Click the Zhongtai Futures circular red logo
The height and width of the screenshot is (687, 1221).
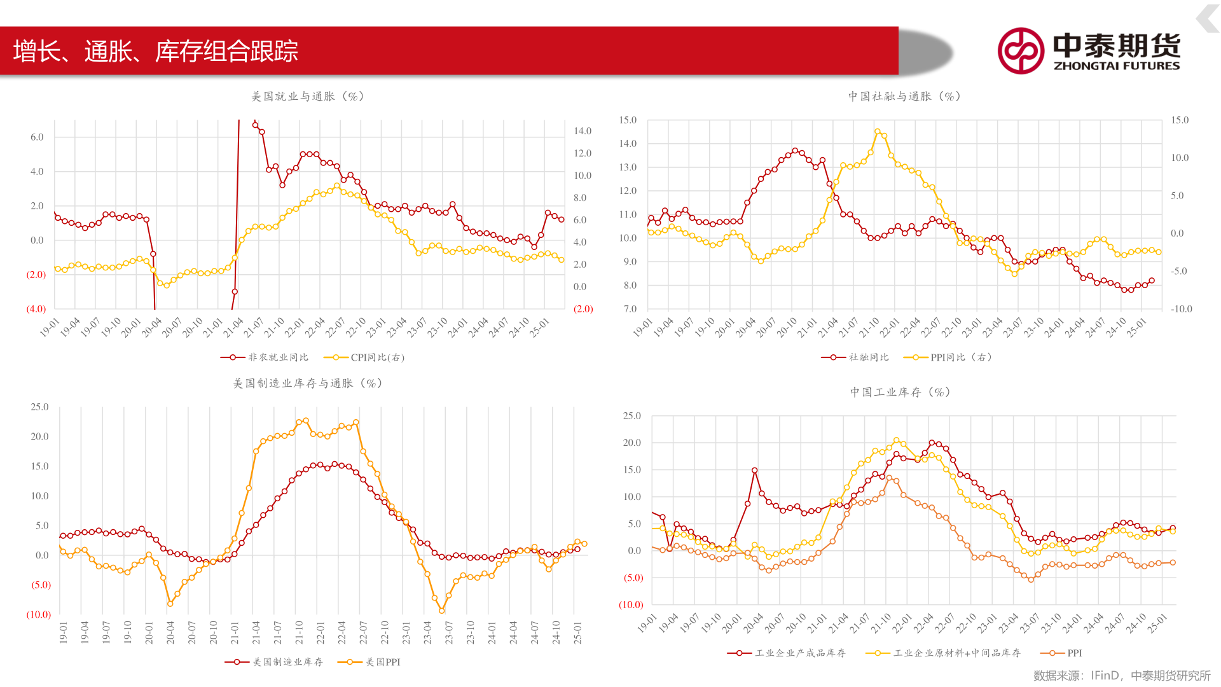coord(1021,51)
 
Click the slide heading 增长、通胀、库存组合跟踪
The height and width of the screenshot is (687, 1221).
coord(156,52)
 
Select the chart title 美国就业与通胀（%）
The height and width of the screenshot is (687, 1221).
coord(308,97)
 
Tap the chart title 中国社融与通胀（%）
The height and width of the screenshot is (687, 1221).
coord(904,97)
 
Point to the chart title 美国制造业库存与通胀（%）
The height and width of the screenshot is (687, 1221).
coord(308,384)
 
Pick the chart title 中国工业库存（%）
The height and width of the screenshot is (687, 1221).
coord(900,392)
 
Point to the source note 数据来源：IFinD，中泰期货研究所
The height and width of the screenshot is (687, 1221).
coord(1122,676)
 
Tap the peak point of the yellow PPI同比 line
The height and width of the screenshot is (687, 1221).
coord(878,132)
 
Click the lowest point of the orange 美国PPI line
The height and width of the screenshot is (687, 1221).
coord(441,611)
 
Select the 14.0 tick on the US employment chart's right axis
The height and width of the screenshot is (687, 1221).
coord(583,131)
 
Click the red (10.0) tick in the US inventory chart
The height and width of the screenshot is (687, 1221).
coord(39,614)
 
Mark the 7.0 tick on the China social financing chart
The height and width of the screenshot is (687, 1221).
coord(630,309)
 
